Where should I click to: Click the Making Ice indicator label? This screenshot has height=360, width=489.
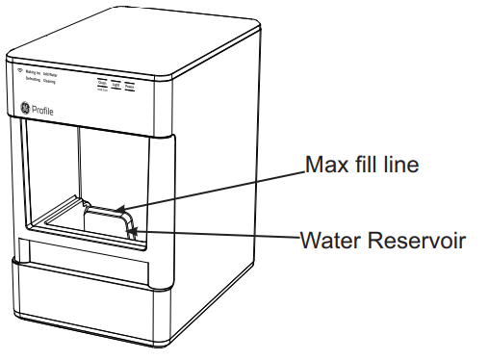coord(37,73)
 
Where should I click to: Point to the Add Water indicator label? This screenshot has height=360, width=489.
coord(58,74)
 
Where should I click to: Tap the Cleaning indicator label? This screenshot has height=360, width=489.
coord(57,82)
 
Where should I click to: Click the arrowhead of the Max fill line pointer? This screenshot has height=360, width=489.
coord(118,207)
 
